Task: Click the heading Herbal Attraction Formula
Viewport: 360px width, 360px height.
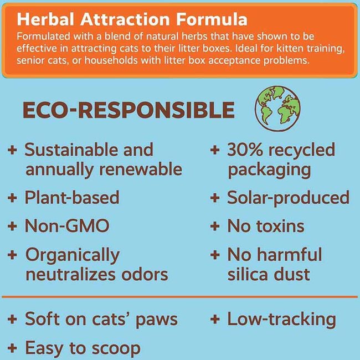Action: [132, 19]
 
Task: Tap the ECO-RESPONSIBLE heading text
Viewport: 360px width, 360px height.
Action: [128, 111]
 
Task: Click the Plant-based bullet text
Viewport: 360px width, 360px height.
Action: [72, 198]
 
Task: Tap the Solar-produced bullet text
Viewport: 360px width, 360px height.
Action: [288, 198]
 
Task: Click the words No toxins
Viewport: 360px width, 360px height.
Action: [266, 226]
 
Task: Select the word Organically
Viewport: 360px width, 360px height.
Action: [72, 255]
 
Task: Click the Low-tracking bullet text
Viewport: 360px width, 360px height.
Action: [281, 319]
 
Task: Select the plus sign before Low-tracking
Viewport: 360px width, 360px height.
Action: [215, 320]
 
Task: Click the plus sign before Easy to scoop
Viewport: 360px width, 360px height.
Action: [12, 348]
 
